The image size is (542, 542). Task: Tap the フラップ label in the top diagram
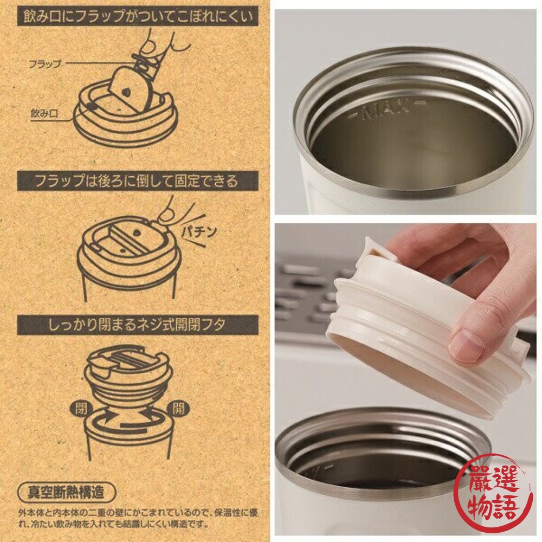tap(44, 63)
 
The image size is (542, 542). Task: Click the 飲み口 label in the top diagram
tap(44, 113)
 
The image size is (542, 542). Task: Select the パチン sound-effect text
tap(198, 231)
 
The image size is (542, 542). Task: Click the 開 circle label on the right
tap(178, 409)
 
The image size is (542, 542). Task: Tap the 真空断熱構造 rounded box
tap(66, 492)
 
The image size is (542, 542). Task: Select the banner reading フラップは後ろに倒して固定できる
tap(138, 181)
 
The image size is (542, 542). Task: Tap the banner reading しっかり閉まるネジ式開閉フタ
tap(138, 325)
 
